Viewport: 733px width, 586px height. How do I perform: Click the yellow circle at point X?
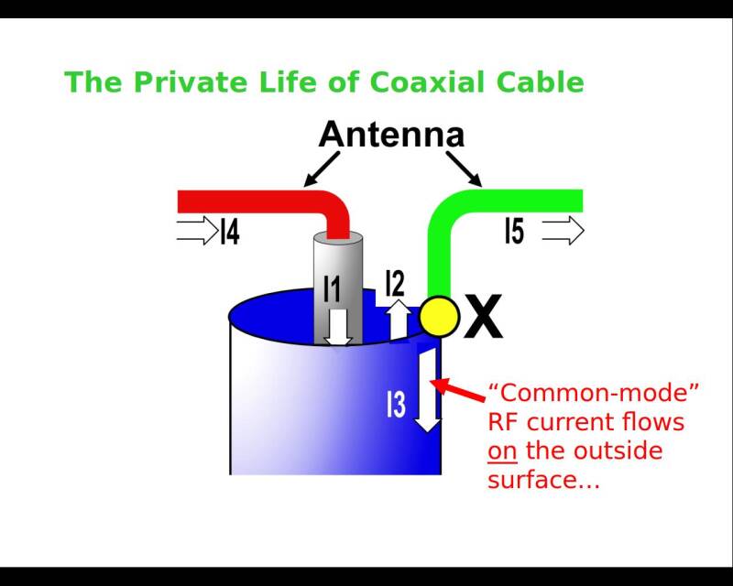pyautogui.click(x=440, y=317)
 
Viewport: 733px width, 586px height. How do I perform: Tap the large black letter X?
pyautogui.click(x=483, y=317)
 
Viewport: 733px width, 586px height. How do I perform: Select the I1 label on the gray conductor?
pyautogui.click(x=332, y=288)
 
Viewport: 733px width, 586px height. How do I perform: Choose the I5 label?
pyautogui.click(x=515, y=231)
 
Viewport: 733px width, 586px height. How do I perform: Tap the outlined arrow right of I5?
pyautogui.click(x=563, y=231)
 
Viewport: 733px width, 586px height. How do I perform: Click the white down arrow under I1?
pyautogui.click(x=339, y=327)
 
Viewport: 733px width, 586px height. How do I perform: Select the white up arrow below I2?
pyautogui.click(x=398, y=320)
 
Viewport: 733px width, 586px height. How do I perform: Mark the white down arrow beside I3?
pyautogui.click(x=427, y=394)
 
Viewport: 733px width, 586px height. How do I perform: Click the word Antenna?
pyautogui.click(x=391, y=136)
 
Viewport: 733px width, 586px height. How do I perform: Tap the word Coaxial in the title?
pyautogui.click(x=431, y=82)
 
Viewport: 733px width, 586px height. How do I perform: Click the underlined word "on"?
pyautogui.click(x=502, y=451)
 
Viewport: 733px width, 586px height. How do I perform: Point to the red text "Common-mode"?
pyautogui.click(x=594, y=394)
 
